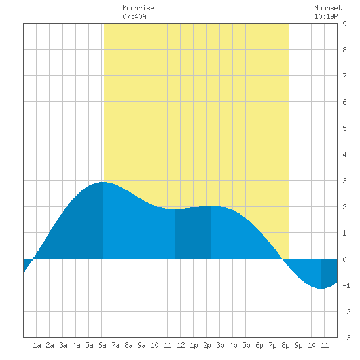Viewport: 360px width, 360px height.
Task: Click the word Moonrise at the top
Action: [138, 8]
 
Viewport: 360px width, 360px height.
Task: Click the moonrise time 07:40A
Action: [134, 16]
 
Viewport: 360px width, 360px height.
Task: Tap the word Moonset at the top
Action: [328, 8]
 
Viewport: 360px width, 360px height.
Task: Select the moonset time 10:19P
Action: [326, 16]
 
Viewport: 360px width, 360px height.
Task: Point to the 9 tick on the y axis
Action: [344, 24]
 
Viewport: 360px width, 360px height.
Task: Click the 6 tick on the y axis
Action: [344, 102]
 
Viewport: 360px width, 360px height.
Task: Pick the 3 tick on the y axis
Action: [344, 181]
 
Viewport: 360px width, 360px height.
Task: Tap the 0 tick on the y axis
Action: [344, 259]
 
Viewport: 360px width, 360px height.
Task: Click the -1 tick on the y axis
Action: [346, 285]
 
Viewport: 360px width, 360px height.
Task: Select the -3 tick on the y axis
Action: [346, 338]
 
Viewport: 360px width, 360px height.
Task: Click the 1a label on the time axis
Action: [37, 345]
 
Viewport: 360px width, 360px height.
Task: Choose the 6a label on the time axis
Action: [102, 345]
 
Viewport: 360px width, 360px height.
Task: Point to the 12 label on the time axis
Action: [181, 345]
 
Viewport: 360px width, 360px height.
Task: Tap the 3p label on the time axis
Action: [220, 345]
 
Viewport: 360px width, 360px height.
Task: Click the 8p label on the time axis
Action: [285, 345]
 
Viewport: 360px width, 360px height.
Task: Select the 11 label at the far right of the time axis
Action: [325, 345]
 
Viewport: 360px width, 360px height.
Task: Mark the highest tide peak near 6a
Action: [103, 182]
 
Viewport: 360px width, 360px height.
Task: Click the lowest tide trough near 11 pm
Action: [321, 289]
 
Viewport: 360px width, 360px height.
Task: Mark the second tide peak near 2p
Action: [211, 206]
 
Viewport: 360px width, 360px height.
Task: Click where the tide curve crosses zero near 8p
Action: [283, 259]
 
